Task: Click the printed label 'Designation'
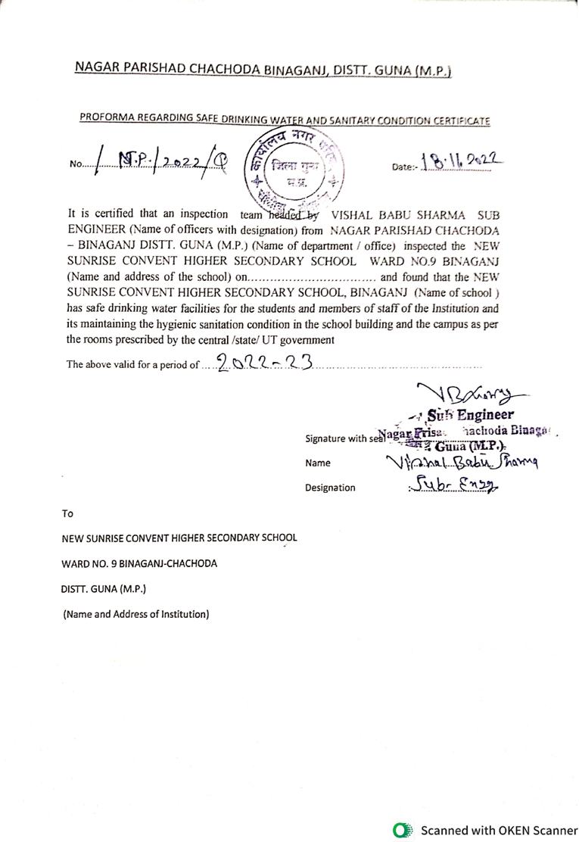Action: [x=330, y=488]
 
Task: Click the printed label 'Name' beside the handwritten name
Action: [x=318, y=463]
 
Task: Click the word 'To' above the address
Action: [x=68, y=513]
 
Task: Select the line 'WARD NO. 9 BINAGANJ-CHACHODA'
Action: [x=139, y=563]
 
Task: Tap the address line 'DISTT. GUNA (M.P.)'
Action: [x=104, y=588]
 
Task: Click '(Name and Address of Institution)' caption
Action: [x=135, y=614]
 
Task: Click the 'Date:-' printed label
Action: [x=404, y=165]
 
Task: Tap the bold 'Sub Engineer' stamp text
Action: [x=470, y=415]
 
